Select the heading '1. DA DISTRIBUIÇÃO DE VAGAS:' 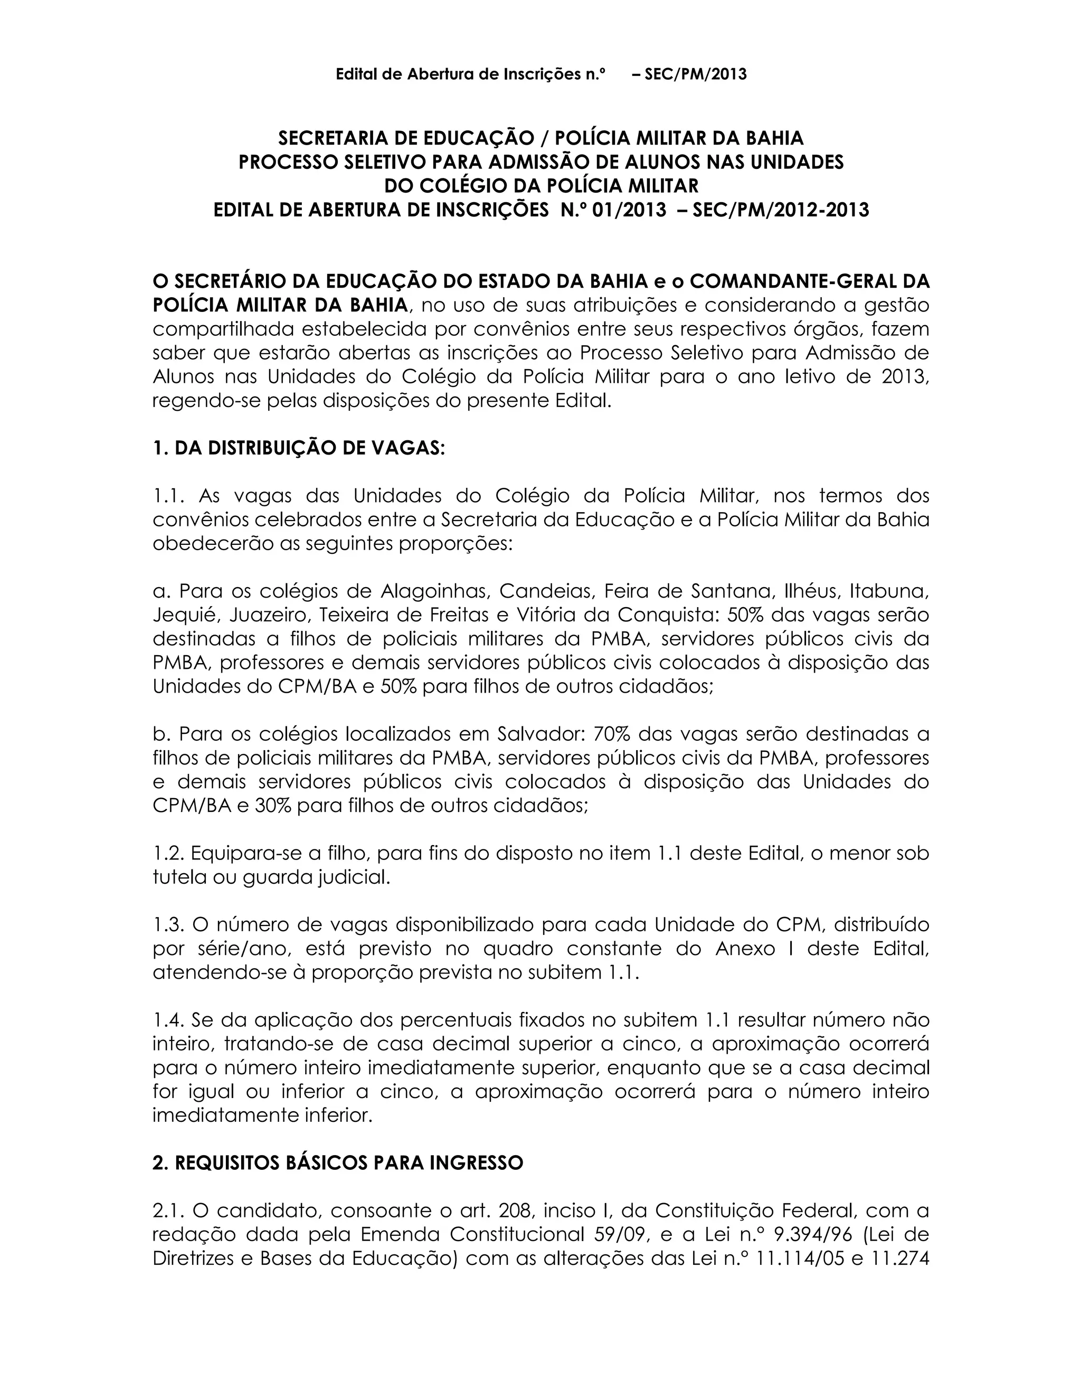[298, 448]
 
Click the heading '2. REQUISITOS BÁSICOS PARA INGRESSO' [337, 1162]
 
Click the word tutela [179, 877]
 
